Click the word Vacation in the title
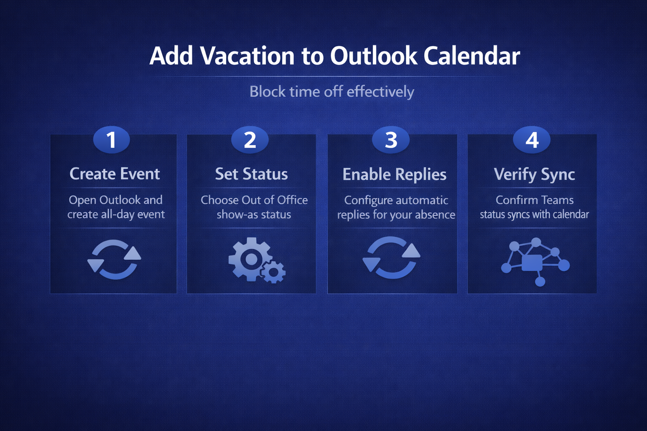(247, 56)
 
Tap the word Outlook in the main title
(374, 55)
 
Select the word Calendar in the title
(472, 56)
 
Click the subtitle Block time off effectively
(332, 92)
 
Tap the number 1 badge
(112, 140)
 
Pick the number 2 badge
(250, 140)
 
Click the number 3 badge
(391, 140)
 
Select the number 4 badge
(532, 140)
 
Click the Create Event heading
(115, 174)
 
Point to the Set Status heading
(251, 174)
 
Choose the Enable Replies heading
(394, 174)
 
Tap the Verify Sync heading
(535, 175)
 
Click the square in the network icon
(532, 263)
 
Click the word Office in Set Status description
(292, 200)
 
